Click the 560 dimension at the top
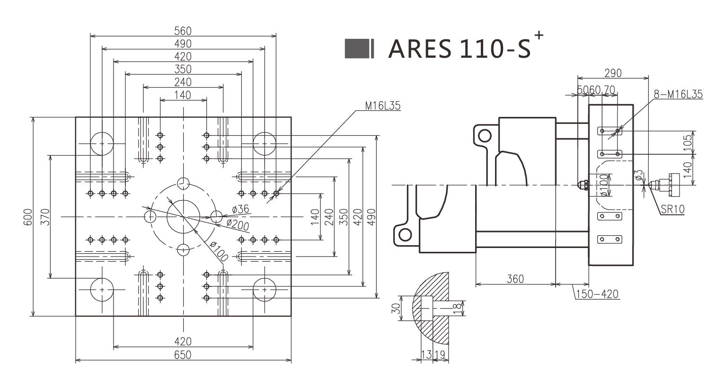point(183,31)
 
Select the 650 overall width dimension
point(183,355)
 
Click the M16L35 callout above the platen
point(382,106)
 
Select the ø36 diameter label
point(240,209)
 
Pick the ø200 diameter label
point(238,225)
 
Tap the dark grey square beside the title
point(356,49)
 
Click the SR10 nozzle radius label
point(672,209)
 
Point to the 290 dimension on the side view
point(613,73)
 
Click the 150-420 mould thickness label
point(597,294)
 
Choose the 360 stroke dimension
point(515,279)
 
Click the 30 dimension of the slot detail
point(397,309)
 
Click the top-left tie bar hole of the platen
point(102,143)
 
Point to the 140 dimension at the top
point(183,95)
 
